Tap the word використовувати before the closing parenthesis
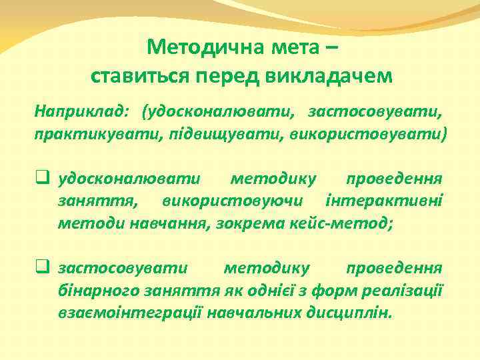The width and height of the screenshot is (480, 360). pos(367,133)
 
